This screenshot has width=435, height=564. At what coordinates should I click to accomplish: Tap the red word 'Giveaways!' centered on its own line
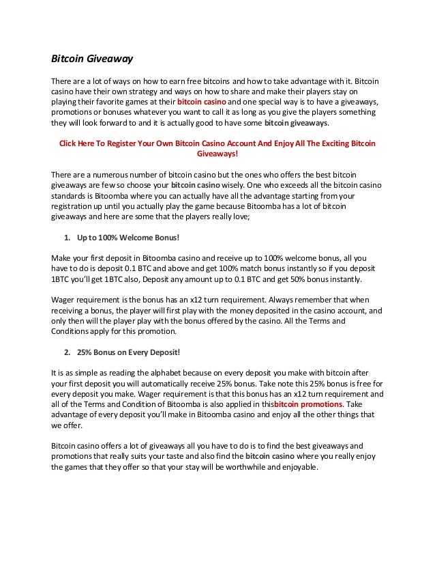click(x=217, y=154)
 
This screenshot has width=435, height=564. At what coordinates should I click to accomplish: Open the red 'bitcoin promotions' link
click(x=307, y=406)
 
